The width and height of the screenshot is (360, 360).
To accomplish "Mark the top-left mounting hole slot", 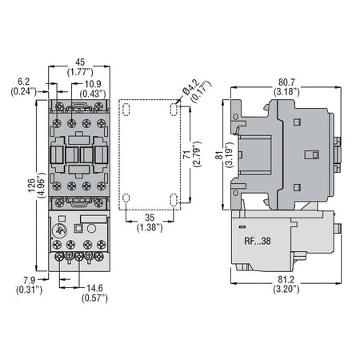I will point(126,106).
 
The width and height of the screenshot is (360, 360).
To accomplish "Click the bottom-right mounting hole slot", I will point(175,198).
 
